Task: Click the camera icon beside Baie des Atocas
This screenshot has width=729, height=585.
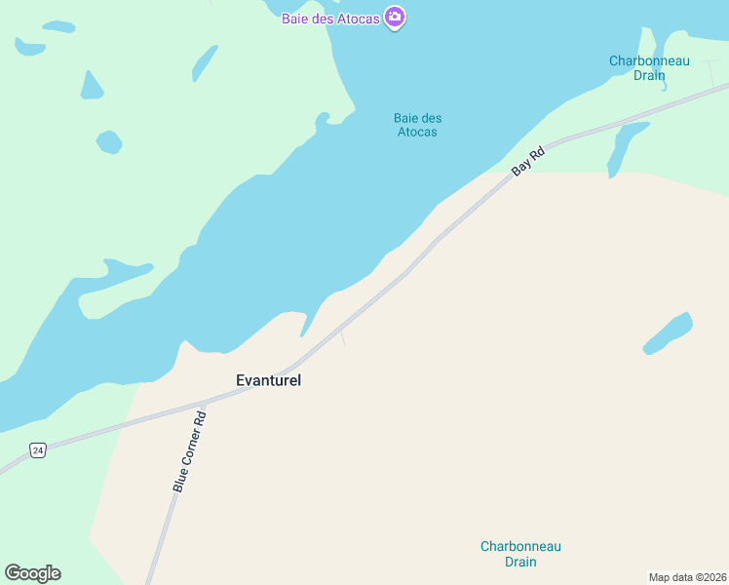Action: (394, 17)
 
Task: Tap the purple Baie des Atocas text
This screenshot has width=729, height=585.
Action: (329, 19)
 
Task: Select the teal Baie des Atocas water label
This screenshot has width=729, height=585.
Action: (417, 125)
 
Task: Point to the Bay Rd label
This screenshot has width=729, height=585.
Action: (526, 161)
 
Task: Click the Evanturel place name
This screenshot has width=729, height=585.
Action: (268, 380)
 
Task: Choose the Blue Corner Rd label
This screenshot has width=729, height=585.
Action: (190, 449)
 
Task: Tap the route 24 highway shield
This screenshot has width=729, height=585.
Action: (37, 449)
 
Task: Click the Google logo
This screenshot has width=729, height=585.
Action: (32, 573)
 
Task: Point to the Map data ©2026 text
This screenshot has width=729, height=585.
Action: (688, 576)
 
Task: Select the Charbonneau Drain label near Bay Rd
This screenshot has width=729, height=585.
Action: (649, 67)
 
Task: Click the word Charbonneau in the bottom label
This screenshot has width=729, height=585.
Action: (520, 546)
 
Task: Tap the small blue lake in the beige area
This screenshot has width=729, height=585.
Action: (668, 333)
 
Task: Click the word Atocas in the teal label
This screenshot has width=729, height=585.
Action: (417, 132)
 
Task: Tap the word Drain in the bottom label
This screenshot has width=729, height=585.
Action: (520, 562)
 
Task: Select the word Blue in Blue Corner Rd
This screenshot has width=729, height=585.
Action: (178, 480)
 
